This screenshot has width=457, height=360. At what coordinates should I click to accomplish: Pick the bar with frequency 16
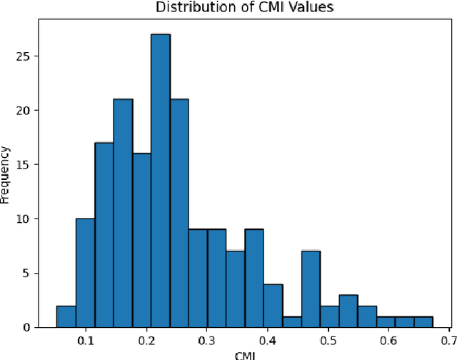pos(141,240)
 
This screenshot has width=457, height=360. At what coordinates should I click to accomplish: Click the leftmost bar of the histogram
pos(66,316)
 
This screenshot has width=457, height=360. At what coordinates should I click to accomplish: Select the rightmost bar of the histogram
pos(443,321)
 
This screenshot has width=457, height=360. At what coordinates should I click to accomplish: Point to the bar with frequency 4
pos(273,305)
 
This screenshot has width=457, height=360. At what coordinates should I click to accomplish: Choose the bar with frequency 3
pos(348,311)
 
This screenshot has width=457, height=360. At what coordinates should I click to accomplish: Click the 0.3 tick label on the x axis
pos(207,339)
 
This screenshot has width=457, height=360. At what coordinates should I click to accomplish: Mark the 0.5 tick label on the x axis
pos(328,339)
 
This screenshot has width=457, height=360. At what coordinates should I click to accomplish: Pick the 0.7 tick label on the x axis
pos(449,339)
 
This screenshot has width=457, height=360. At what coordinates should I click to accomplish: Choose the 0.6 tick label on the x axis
pos(389,339)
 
